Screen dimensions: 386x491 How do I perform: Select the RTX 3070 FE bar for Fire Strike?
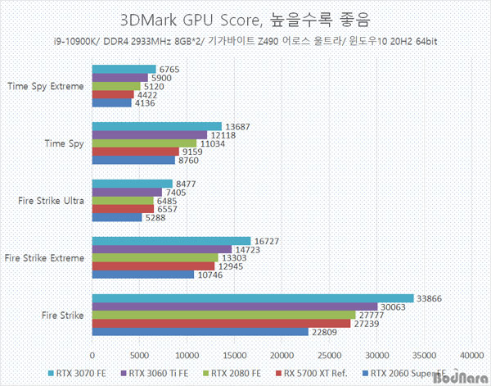tap(253, 298)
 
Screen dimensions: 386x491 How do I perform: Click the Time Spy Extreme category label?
tap(45, 85)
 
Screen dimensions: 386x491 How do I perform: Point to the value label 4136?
tap(145, 102)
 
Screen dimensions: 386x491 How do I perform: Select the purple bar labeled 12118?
tap(150, 134)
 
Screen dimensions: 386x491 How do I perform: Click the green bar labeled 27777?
tap(224, 315)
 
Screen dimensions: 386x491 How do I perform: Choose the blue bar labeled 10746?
tap(143, 275)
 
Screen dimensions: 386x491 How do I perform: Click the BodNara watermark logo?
tap(466, 379)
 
